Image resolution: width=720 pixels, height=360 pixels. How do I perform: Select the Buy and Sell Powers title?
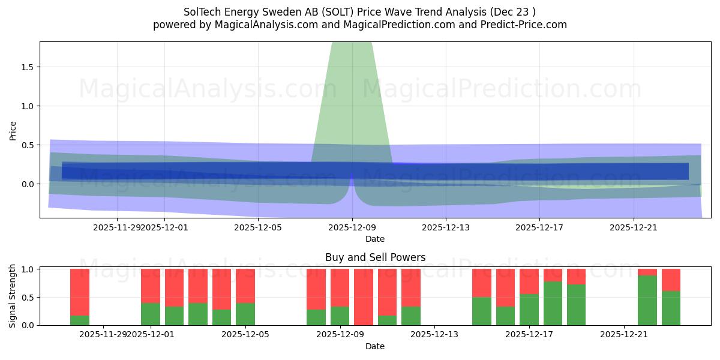(375, 257)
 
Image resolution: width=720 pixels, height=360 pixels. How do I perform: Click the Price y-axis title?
(13, 130)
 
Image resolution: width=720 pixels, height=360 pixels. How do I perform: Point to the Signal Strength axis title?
(13, 296)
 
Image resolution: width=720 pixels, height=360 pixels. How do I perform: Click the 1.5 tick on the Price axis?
(27, 67)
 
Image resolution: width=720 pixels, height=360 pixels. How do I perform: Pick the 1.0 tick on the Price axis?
(27, 106)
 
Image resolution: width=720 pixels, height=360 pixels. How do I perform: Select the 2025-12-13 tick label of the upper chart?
(445, 227)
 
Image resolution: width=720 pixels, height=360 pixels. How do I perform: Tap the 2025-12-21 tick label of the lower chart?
(625, 335)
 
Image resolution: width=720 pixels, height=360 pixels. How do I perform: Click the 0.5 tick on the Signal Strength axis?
(27, 298)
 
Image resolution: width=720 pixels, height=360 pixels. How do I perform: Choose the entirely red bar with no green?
(364, 297)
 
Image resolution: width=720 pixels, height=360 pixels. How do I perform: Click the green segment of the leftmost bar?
(80, 320)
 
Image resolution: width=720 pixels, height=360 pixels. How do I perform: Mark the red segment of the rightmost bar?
(671, 280)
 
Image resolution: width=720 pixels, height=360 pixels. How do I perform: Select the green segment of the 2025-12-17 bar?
(529, 310)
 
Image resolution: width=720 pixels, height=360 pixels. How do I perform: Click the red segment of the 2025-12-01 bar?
(151, 286)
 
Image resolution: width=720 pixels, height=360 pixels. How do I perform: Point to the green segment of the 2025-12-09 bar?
(340, 316)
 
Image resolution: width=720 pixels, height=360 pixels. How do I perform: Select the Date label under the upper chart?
(375, 239)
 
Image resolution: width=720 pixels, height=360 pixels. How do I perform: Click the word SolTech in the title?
(202, 12)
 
